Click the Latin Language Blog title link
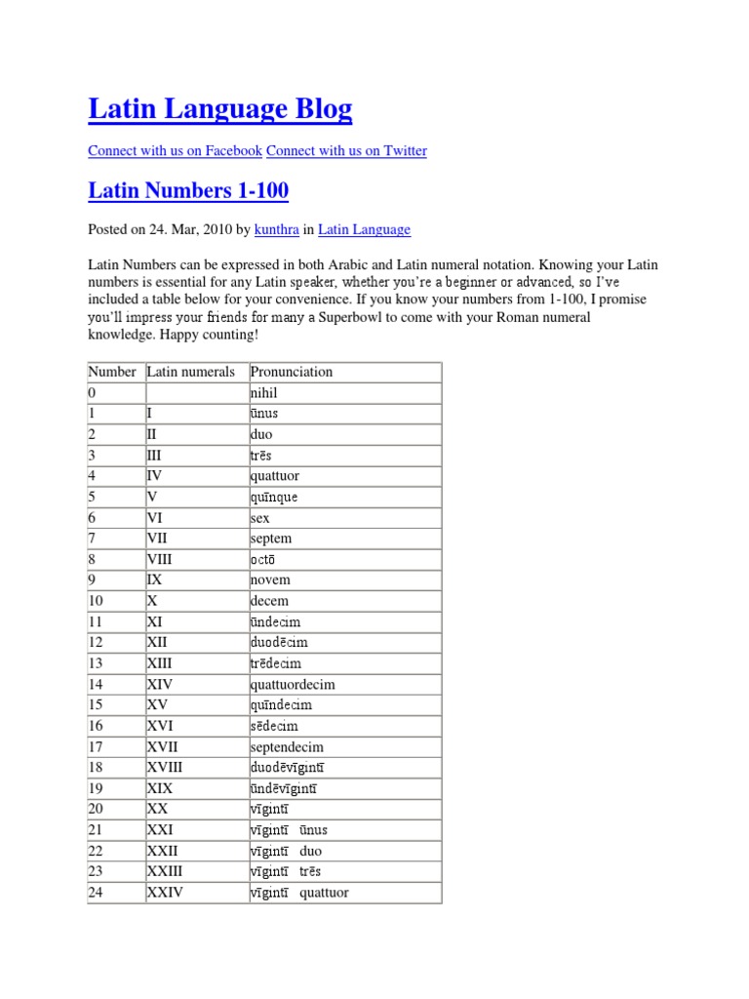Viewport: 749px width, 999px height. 219,109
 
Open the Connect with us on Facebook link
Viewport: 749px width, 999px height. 175,150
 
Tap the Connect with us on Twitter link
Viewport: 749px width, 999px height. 346,150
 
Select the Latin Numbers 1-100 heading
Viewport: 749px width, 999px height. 188,190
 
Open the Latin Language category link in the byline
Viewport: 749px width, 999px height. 364,229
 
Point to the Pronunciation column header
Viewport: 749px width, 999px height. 292,372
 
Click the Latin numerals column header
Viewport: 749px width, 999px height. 191,372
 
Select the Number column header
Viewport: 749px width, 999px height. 112,372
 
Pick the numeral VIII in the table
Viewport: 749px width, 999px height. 163,559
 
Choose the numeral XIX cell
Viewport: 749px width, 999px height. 160,788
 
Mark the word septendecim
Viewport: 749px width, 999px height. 287,747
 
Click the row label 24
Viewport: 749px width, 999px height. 96,893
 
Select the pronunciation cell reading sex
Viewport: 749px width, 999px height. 260,518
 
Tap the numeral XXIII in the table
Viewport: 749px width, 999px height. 165,871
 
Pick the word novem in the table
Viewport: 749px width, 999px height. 270,579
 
